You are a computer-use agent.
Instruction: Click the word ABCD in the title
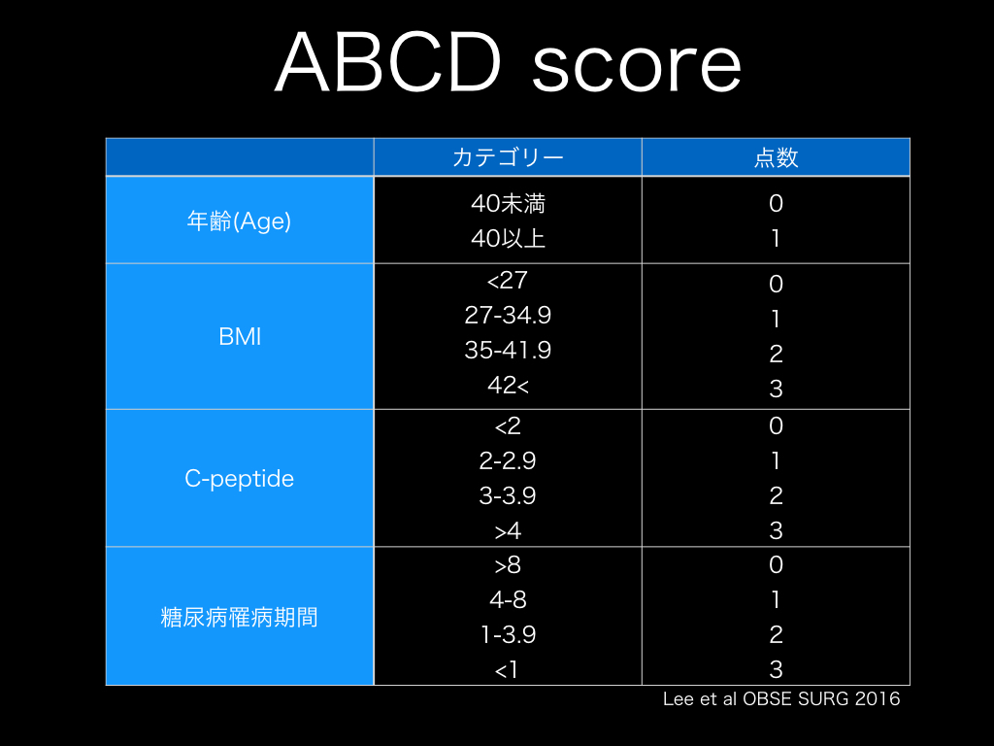tap(388, 62)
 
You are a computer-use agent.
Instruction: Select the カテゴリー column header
tap(508, 157)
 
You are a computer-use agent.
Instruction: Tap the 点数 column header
tap(776, 157)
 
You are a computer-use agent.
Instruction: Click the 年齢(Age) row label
tap(239, 220)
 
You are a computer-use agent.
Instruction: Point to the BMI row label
tap(240, 336)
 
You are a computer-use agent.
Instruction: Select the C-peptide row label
tap(239, 478)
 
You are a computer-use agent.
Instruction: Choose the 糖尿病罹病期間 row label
tap(239, 617)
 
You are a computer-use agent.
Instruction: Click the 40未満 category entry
tap(508, 204)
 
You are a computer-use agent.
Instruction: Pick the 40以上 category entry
tap(508, 239)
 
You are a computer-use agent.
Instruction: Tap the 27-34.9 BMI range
tap(508, 315)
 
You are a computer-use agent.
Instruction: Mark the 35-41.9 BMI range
tap(508, 350)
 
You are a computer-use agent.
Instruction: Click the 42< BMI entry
tap(508, 385)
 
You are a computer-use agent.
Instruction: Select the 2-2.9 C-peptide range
tap(508, 460)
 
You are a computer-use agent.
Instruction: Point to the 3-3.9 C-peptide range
tap(508, 495)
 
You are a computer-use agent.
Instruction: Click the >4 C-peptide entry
tap(508, 530)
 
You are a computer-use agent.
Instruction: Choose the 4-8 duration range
tap(508, 599)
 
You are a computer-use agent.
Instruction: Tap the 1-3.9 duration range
tap(508, 634)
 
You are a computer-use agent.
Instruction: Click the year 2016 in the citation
tap(878, 698)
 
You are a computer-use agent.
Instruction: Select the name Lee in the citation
tap(679, 698)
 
